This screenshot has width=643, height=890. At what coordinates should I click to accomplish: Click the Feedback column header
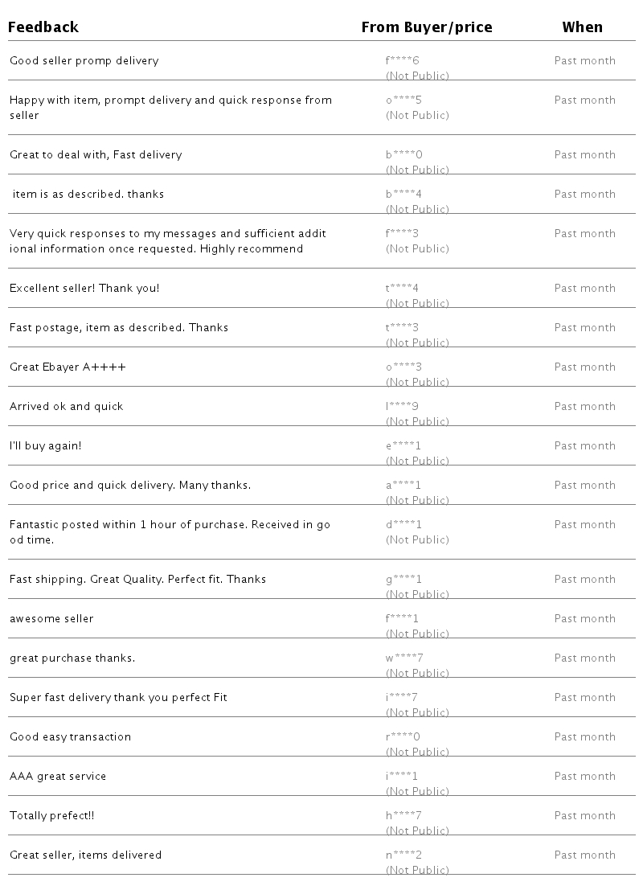pyautogui.click(x=43, y=27)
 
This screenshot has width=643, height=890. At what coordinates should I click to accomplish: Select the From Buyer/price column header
pyautogui.click(x=426, y=27)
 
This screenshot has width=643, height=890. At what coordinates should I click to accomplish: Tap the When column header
pyautogui.click(x=582, y=27)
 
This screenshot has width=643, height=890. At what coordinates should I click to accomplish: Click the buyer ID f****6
pyautogui.click(x=403, y=61)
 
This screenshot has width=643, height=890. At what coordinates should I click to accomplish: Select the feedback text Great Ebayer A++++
pyautogui.click(x=68, y=367)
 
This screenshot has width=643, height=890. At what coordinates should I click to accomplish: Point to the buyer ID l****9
pyautogui.click(x=402, y=407)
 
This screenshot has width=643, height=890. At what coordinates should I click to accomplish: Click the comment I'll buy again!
pyautogui.click(x=45, y=446)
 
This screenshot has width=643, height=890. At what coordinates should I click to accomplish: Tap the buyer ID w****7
pyautogui.click(x=404, y=658)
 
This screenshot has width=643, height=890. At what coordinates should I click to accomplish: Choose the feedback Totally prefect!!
pyautogui.click(x=51, y=816)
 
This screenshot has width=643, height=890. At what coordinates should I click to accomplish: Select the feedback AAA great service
pyautogui.click(x=58, y=777)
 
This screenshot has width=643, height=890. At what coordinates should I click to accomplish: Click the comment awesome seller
pyautogui.click(x=51, y=619)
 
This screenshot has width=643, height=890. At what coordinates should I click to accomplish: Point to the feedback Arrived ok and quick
pyautogui.click(x=67, y=407)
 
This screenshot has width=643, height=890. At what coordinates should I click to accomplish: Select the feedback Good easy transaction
pyautogui.click(x=70, y=737)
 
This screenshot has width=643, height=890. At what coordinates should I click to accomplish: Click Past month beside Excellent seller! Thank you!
pyautogui.click(x=584, y=289)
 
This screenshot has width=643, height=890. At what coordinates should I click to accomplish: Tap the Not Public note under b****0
pyautogui.click(x=417, y=170)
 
